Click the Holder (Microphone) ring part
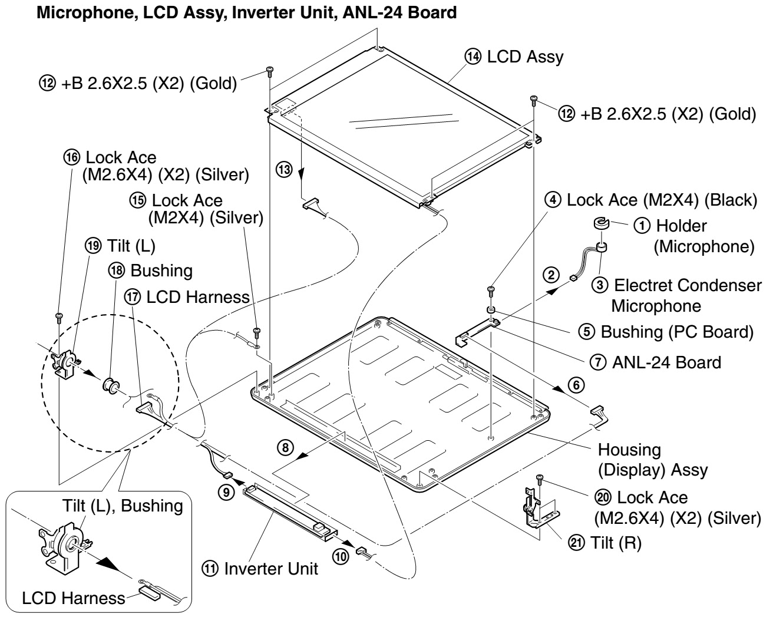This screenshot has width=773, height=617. pyautogui.click(x=601, y=223)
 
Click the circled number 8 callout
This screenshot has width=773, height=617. pyautogui.click(x=284, y=447)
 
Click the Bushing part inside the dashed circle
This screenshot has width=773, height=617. pyautogui.click(x=110, y=386)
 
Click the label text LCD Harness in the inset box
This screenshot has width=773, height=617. pyautogui.click(x=73, y=598)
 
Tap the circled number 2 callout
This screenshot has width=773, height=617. pyautogui.click(x=551, y=275)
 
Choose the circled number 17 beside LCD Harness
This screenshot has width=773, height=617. pyautogui.click(x=134, y=297)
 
